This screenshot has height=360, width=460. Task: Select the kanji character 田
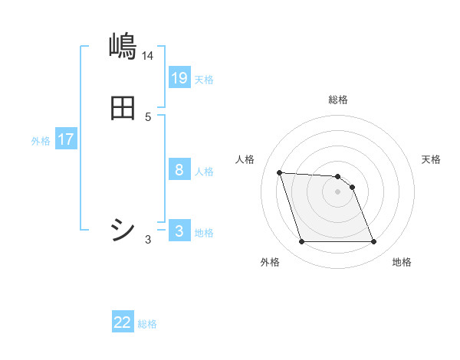[123, 108]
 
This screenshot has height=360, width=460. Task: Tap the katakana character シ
[123, 229]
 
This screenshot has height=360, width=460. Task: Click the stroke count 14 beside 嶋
[148, 56]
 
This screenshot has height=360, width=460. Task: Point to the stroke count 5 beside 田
[148, 117]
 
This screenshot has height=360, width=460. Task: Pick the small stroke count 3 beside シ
[148, 240]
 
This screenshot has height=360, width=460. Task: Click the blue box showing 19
[179, 78]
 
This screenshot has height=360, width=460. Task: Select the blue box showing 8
[179, 170]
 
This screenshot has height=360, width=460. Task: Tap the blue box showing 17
[66, 140]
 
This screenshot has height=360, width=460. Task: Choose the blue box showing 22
[123, 323]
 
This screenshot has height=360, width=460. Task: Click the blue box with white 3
[179, 231]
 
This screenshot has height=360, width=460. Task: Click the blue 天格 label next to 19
[204, 80]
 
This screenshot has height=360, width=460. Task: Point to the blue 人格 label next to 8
[204, 172]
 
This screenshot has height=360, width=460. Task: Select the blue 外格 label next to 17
[41, 141]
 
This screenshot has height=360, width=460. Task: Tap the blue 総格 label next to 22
[147, 324]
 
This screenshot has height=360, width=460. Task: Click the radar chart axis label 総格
[338, 100]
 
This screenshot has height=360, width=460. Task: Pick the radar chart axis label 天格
[431, 159]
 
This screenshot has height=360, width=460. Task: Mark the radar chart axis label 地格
[402, 263]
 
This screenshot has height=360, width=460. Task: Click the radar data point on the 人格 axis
[279, 172]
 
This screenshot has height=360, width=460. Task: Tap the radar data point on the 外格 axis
[301, 242]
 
